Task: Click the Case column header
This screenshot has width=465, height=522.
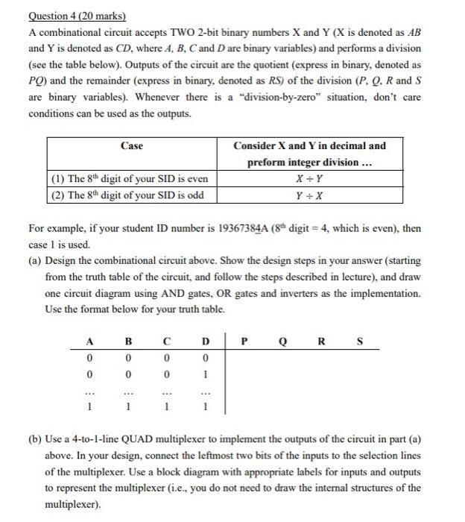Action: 131,146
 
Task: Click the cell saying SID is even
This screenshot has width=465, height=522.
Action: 130,180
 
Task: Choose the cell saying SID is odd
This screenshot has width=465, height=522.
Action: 128,195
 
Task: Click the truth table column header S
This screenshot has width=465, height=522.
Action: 361,344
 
